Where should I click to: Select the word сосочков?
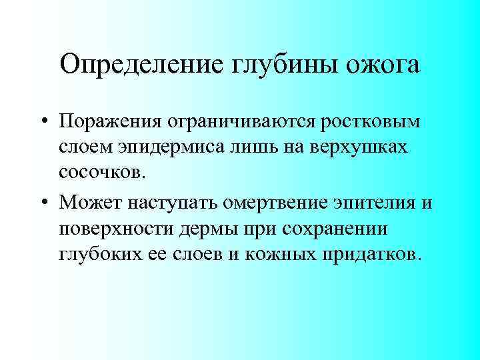click(x=100, y=175)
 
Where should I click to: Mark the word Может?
click(x=88, y=201)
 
